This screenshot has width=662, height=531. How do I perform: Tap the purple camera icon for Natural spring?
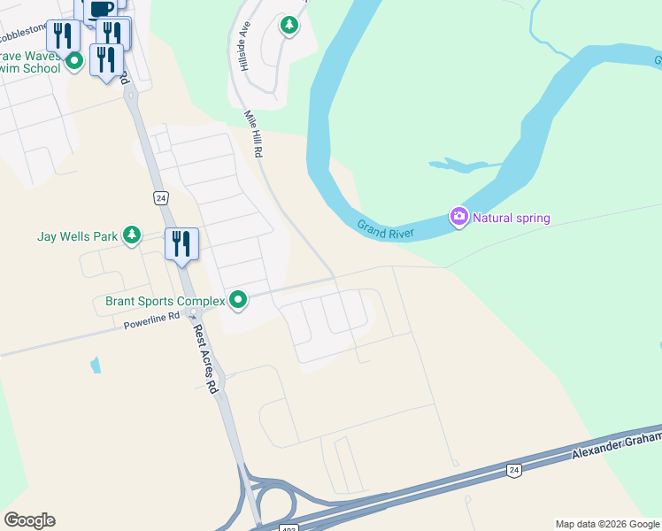click(458, 217)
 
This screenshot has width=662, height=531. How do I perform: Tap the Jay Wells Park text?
click(78, 236)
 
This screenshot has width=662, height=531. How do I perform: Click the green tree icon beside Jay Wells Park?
click(132, 235)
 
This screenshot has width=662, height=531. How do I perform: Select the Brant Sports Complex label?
click(165, 301)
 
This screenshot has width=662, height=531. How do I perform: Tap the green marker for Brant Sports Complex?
click(237, 301)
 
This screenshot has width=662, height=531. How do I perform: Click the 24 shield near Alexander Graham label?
click(513, 470)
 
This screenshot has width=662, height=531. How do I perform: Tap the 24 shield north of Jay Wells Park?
click(159, 198)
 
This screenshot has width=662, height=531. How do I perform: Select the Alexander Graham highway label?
click(616, 446)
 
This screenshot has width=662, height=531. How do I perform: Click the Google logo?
click(29, 520)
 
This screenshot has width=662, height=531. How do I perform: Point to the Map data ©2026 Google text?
click(607, 524)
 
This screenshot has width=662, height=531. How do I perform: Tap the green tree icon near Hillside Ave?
click(289, 25)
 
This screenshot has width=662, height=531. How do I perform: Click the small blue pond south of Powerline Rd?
click(94, 364)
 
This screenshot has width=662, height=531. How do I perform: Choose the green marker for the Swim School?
click(74, 61)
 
